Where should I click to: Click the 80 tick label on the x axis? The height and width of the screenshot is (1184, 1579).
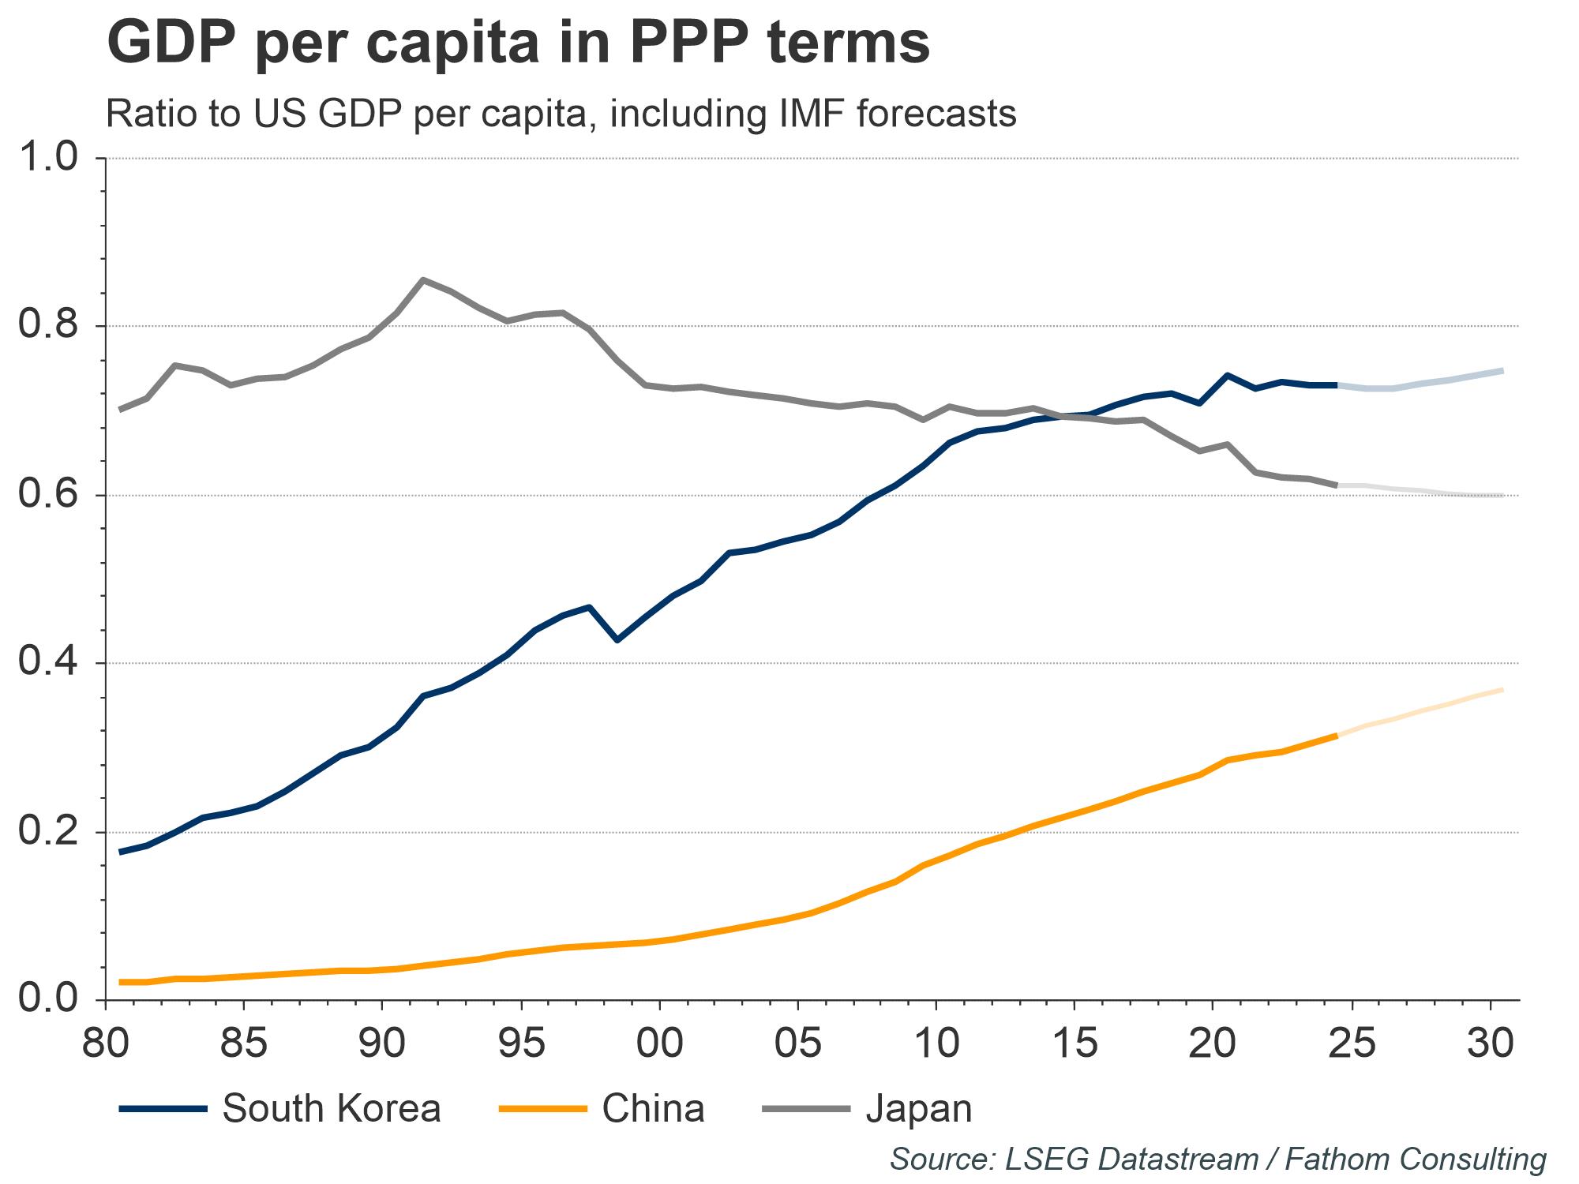coord(105,1044)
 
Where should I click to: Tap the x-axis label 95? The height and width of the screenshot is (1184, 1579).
coord(521,1044)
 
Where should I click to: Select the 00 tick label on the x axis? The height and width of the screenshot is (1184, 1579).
coord(660,1044)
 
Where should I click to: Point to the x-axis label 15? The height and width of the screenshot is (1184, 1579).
coord(1075,1044)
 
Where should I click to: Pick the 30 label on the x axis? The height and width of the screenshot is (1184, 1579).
coord(1491,1044)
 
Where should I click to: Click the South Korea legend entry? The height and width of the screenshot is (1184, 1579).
coord(331,1108)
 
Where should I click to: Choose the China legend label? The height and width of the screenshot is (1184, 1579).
coord(653,1108)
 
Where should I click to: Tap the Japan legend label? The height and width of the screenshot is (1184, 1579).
coord(919,1108)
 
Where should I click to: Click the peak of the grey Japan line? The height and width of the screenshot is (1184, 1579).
coord(423,279)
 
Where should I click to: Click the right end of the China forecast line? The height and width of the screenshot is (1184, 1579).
coord(1502,690)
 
